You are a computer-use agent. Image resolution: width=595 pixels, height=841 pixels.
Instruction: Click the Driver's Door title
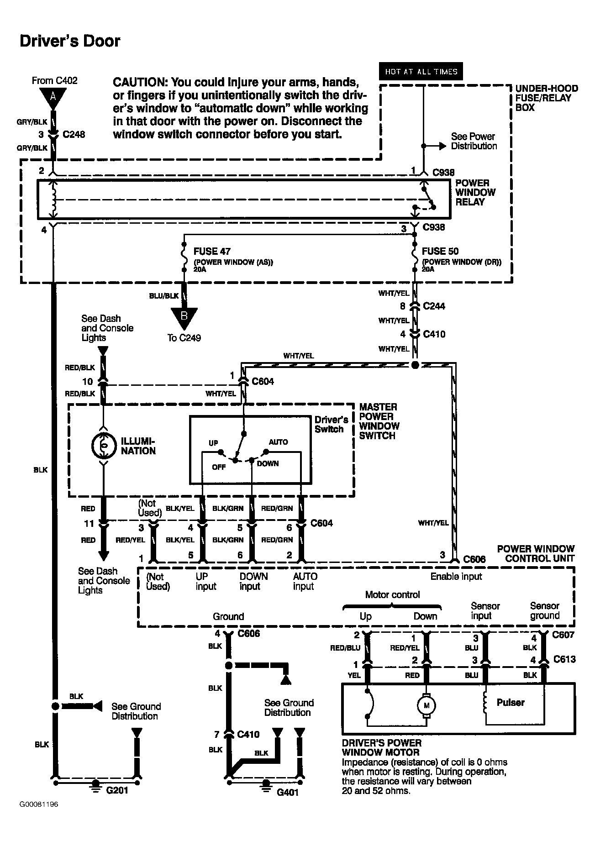pyautogui.click(x=70, y=41)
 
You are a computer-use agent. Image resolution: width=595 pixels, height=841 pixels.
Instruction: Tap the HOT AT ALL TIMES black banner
pyautogui.click(x=421, y=72)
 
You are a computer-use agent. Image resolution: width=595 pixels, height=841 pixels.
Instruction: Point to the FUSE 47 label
pyautogui.click(x=212, y=251)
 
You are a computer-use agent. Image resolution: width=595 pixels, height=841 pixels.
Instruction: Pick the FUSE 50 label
pyautogui.click(x=440, y=251)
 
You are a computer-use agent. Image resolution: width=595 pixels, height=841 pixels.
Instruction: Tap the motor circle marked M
pyautogui.click(x=427, y=705)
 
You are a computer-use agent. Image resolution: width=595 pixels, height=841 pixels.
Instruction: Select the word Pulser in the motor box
pyautogui.click(x=511, y=703)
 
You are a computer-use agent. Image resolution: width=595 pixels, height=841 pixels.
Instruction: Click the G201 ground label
pyautogui.click(x=117, y=790)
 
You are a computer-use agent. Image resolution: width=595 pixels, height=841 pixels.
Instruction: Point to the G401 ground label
pyautogui.click(x=288, y=792)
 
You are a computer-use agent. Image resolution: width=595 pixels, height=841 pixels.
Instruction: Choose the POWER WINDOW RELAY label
pyautogui.click(x=475, y=193)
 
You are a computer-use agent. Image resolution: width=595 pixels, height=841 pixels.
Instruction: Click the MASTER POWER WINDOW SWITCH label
pyautogui.click(x=379, y=421)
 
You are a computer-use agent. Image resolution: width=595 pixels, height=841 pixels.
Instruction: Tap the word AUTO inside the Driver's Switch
pyautogui.click(x=279, y=442)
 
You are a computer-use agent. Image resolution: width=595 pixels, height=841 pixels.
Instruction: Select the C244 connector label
pyautogui.click(x=434, y=306)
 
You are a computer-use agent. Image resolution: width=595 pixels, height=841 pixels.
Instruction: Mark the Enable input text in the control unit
pyautogui.click(x=456, y=577)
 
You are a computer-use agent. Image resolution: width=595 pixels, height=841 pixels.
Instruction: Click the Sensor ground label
pyautogui.click(x=545, y=611)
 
